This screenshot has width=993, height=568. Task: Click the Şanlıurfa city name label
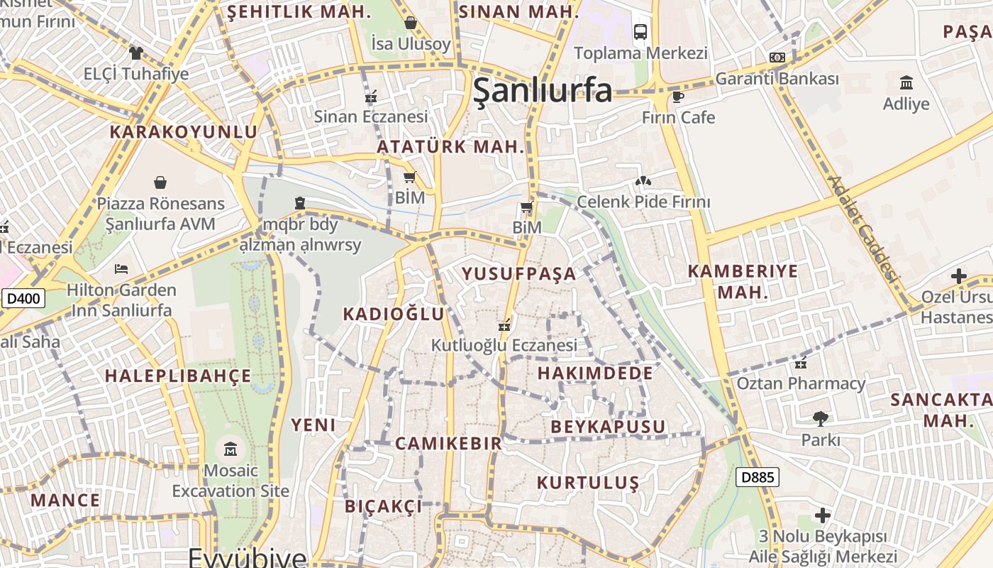click(x=543, y=90)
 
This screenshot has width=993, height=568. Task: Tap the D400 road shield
click(x=23, y=299)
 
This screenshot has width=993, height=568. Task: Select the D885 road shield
click(x=757, y=477)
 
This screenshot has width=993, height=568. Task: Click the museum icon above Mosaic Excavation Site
click(x=231, y=449)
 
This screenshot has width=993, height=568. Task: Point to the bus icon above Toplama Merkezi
click(x=640, y=32)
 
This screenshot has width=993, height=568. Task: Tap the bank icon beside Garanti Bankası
click(x=777, y=58)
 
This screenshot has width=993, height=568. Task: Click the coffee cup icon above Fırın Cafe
click(x=678, y=97)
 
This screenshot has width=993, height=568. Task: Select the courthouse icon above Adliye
click(x=906, y=82)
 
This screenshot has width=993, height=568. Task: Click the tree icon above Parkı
click(x=821, y=418)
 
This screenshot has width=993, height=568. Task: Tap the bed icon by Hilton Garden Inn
click(x=121, y=269)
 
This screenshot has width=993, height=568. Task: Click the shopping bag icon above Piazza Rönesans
click(x=160, y=182)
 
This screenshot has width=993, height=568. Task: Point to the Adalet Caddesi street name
click(x=862, y=229)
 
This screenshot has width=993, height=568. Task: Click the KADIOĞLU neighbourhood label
click(x=394, y=314)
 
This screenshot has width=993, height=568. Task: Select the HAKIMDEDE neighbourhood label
click(x=595, y=373)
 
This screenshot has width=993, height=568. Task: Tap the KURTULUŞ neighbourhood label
click(x=588, y=483)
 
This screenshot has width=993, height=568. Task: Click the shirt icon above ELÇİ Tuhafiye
click(x=135, y=53)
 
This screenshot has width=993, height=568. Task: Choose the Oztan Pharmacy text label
click(x=801, y=383)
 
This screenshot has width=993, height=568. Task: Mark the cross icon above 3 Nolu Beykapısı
click(x=823, y=515)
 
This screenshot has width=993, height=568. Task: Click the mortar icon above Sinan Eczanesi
click(x=370, y=95)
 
